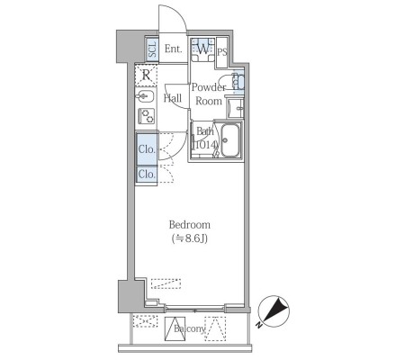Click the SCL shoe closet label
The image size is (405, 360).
tap(153, 49)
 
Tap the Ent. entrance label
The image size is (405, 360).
tap(174, 49)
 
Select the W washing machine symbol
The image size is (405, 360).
tap(203, 49)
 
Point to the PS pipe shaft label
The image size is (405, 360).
tap(222, 52)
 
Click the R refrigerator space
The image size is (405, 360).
tap(146, 75)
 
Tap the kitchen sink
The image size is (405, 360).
tap(145, 96)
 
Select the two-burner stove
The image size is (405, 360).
tap(146, 116)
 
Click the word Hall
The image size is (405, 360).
tap(173, 98)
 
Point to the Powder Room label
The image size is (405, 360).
tap(209, 94)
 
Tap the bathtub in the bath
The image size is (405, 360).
tap(230, 140)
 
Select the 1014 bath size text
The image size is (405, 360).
tap(205, 145)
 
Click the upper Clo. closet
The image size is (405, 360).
tap(147, 149)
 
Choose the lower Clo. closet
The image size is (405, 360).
tap(147, 174)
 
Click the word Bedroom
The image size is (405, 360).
tap(190, 225)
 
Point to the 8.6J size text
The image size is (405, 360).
tap(190, 238)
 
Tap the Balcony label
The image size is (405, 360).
tap(190, 328)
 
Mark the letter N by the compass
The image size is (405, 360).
tap(258, 325)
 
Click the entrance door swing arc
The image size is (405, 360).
tap(179, 13)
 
